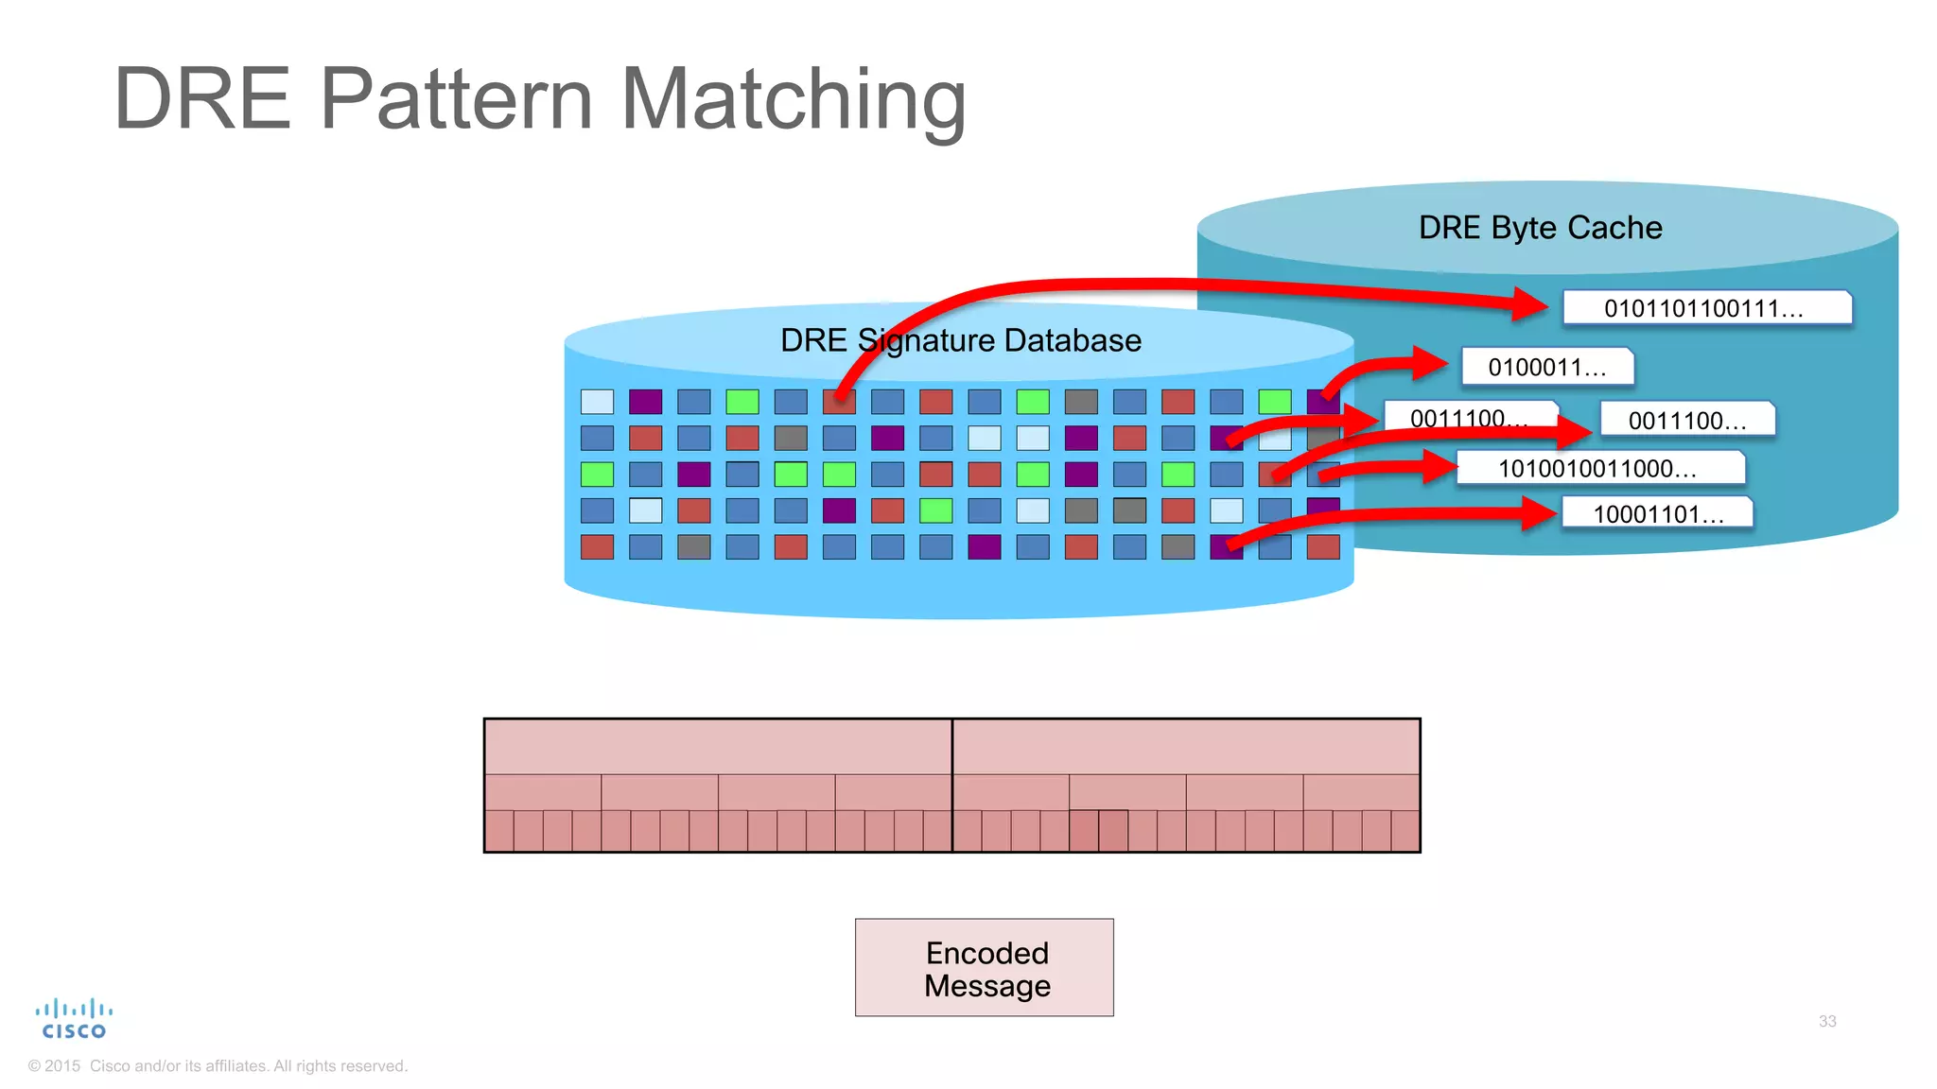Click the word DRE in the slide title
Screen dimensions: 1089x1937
pos(201,99)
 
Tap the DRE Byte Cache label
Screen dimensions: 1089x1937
pos(1540,228)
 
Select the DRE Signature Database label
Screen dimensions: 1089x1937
pos(960,340)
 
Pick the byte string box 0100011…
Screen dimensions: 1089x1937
pos(1547,367)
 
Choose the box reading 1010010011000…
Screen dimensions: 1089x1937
pos(1599,468)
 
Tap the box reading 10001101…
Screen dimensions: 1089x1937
pos(1658,514)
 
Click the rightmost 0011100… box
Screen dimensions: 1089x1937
pos(1687,421)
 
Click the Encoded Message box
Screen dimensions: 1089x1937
pos(985,968)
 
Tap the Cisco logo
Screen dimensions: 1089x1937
pos(74,1020)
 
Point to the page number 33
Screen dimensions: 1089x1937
pos(1826,1021)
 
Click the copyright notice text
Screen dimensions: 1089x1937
pos(218,1065)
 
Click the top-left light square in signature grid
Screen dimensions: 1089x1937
pos(597,402)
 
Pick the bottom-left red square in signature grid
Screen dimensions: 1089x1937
pos(597,546)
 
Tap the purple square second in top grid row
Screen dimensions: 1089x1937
pos(645,402)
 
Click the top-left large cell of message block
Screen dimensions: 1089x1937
pos(718,747)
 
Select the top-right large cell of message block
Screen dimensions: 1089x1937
pos(1186,747)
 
